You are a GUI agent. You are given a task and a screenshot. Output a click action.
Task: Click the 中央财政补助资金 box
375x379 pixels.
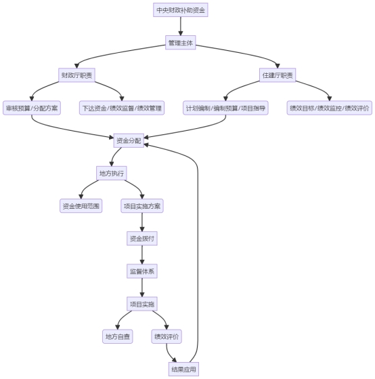click(181, 10)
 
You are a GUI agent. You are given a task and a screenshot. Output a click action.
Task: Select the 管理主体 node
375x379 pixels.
click(181, 43)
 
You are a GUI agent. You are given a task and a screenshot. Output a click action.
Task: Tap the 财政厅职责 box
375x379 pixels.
click(76, 75)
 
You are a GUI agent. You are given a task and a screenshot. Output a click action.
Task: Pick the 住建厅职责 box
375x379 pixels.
click(278, 75)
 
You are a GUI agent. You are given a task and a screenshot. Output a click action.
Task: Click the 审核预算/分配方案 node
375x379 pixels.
click(32, 108)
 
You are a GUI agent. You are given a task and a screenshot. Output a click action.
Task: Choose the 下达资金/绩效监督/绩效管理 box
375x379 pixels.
click(122, 108)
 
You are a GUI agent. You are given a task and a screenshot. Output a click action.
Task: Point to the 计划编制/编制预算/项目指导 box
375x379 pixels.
click(225, 108)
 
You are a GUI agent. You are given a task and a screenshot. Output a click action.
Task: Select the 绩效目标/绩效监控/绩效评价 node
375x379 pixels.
click(330, 108)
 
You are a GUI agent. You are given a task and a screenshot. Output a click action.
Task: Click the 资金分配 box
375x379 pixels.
click(129, 140)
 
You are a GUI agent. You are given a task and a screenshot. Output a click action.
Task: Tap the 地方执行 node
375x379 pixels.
click(112, 173)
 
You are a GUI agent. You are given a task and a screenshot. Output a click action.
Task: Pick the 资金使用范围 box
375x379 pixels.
click(81, 206)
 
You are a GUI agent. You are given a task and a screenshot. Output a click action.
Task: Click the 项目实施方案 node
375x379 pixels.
click(142, 206)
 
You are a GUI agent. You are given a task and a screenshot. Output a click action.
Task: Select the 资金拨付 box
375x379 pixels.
click(142, 239)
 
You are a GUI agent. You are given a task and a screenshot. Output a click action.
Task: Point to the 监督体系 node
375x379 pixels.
click(142, 271)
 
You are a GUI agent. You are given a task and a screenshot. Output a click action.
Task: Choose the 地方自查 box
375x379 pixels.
click(118, 336)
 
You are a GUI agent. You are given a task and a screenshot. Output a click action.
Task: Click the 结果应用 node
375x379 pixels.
click(183, 369)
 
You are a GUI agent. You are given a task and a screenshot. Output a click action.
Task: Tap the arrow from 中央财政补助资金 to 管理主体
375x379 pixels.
click(181, 26)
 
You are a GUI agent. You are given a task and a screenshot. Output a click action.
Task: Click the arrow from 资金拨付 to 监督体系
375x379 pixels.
click(142, 255)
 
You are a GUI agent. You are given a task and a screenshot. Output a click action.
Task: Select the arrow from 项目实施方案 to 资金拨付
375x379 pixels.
click(142, 222)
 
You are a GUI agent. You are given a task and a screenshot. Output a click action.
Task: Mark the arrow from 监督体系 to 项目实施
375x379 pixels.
click(142, 287)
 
